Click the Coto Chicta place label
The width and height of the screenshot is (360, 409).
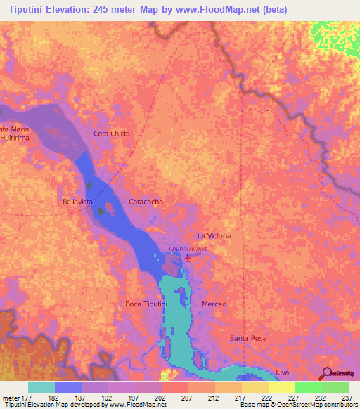[112, 133]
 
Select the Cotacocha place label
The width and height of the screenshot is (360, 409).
[146, 202]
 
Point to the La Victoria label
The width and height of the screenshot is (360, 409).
[214, 236]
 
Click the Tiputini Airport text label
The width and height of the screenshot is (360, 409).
[187, 249]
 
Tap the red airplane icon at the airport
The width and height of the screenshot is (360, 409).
[188, 258]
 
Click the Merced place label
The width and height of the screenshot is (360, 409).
[214, 304]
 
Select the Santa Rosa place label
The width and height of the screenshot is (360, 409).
[249, 338]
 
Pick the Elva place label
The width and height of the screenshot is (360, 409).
[283, 371]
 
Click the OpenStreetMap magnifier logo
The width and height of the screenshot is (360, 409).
[326, 375]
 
